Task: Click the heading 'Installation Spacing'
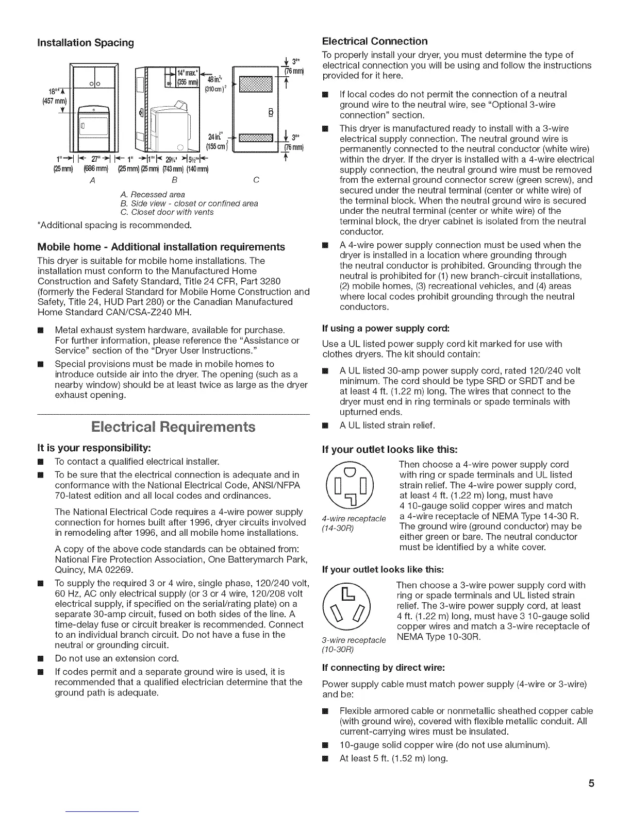pos(86,43)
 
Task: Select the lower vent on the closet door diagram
pos(253,139)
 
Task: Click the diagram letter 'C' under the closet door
pos(256,180)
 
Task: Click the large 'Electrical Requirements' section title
pos(173,427)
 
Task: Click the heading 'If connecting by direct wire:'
pos(383,668)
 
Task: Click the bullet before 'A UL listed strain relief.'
pos(325,426)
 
